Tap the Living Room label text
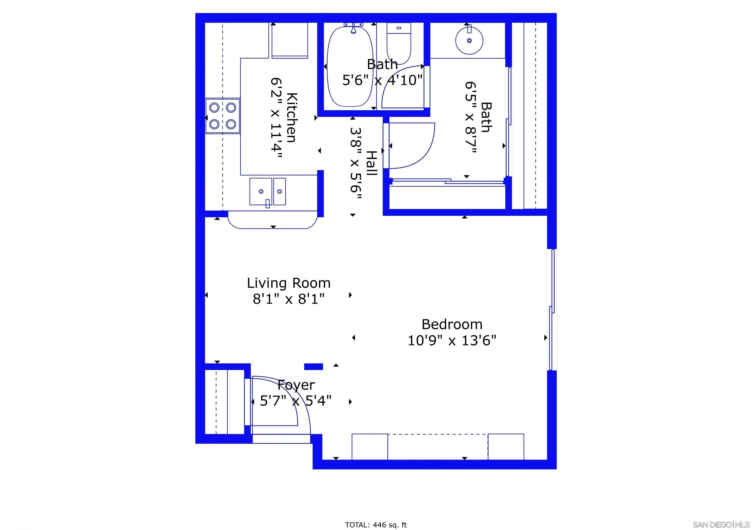coord(289,283)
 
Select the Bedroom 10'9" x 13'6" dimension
coord(452,341)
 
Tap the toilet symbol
coord(399,43)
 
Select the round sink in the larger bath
coord(469,41)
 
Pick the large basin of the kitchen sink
coord(261,192)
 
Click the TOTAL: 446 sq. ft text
coord(376,525)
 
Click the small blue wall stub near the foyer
coord(313,366)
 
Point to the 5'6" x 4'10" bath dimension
coord(382,80)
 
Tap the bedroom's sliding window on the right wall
coord(552,309)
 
